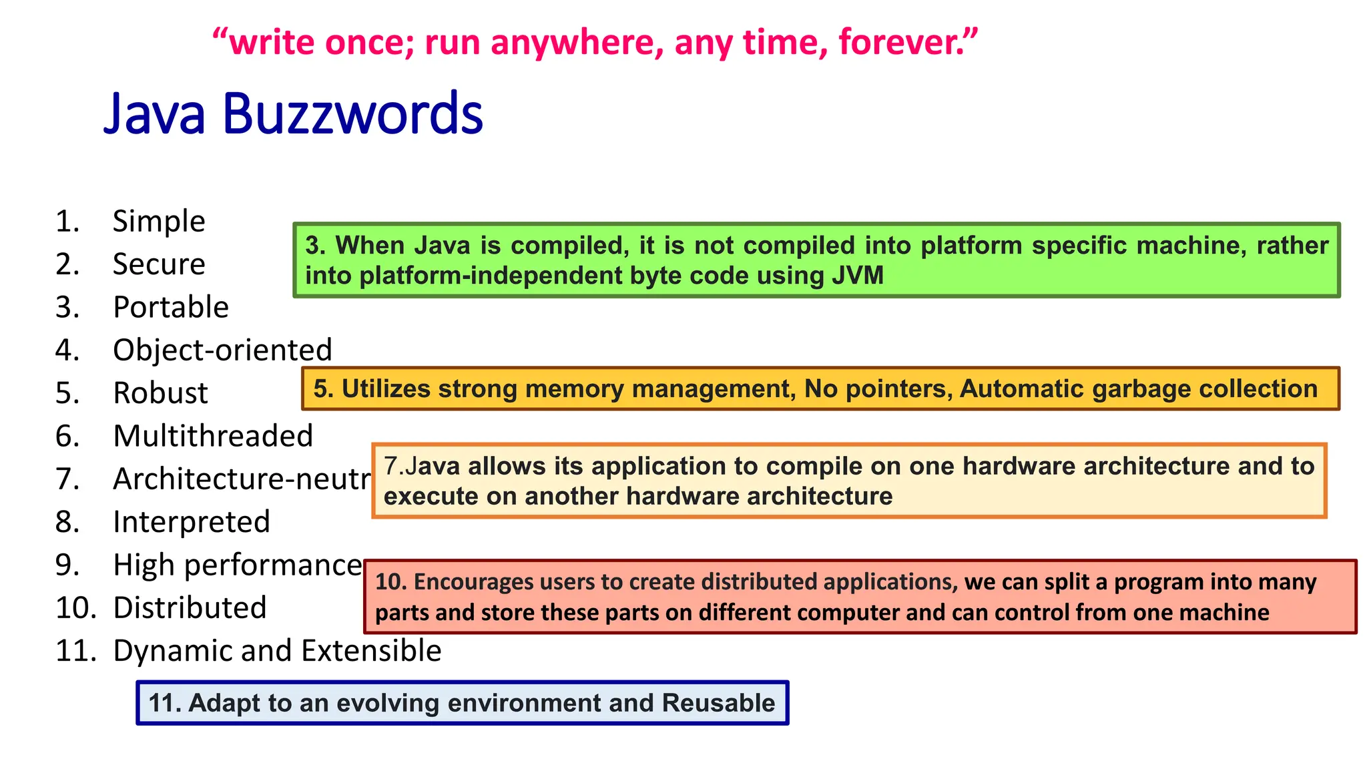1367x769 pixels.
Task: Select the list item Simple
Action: tap(159, 222)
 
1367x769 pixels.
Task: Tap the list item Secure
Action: tap(159, 264)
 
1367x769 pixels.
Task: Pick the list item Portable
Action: tap(171, 308)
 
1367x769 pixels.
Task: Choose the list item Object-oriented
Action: tap(222, 350)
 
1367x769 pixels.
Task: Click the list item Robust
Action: tap(160, 393)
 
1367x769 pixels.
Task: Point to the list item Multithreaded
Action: tap(213, 437)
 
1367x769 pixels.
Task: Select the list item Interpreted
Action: tap(192, 522)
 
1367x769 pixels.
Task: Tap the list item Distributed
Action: tap(190, 608)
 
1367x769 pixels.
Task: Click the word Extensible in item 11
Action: tap(387, 651)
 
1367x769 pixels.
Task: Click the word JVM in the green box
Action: tap(857, 276)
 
